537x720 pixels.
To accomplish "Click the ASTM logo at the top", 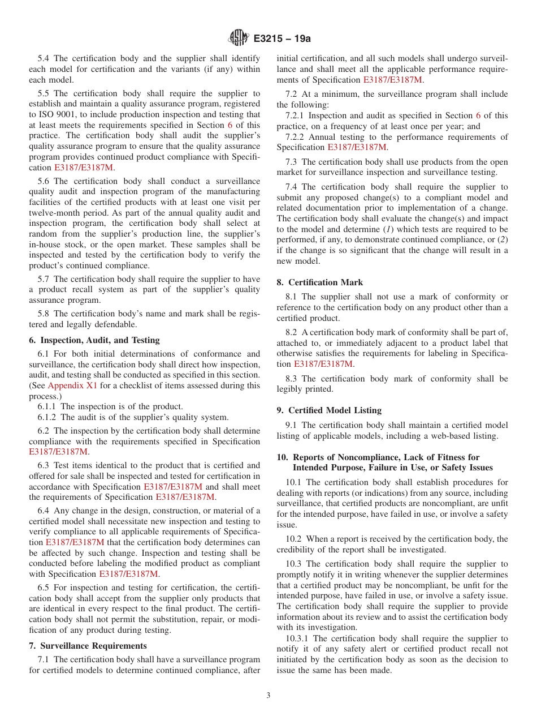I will (x=238, y=38).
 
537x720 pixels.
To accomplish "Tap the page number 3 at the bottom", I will (x=268, y=696).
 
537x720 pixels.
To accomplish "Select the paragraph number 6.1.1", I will (x=48, y=406).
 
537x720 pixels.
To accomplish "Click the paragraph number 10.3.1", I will (x=298, y=638).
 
